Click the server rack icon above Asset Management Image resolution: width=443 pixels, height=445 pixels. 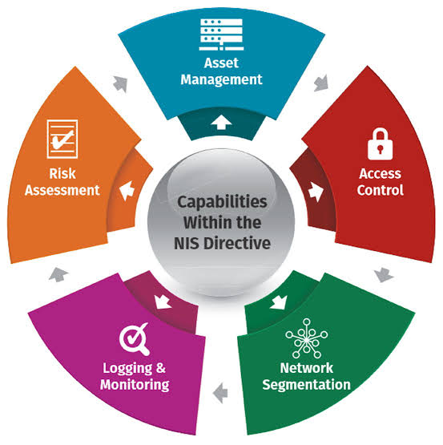(x=221, y=34)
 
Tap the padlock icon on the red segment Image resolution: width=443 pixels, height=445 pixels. (x=380, y=144)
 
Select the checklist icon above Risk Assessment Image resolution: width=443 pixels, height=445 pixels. (x=62, y=139)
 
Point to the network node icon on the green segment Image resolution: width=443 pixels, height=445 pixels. (x=307, y=338)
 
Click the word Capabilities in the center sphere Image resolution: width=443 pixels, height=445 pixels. (x=222, y=202)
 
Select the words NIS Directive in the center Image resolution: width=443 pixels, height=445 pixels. (x=223, y=243)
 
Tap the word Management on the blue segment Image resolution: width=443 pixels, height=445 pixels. (x=221, y=79)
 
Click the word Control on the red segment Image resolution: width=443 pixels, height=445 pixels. (x=380, y=190)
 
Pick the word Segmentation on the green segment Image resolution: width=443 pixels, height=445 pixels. (x=306, y=385)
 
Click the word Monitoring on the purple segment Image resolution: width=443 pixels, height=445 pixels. (x=135, y=385)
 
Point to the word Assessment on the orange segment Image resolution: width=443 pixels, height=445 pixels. (x=62, y=190)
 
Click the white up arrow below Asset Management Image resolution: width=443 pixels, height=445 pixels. (x=221, y=123)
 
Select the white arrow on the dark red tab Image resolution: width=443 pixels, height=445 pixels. (x=316, y=192)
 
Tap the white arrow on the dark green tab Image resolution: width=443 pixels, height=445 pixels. (x=279, y=302)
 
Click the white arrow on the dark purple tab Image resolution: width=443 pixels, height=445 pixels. (x=163, y=302)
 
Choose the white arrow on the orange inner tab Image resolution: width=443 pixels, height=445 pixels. (x=127, y=191)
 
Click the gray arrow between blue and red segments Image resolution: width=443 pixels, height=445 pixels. (x=321, y=83)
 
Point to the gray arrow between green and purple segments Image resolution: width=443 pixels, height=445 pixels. (x=220, y=393)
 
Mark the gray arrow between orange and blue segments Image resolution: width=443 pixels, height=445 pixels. (x=120, y=84)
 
